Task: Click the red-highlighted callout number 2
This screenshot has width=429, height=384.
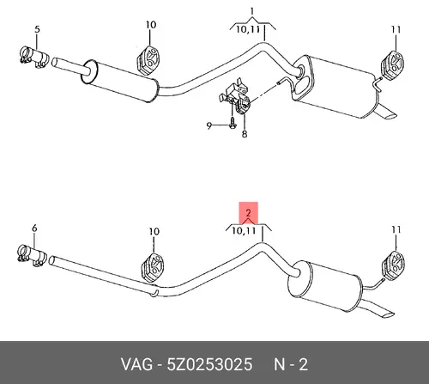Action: coord(248,213)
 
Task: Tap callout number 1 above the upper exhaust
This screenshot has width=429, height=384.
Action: coord(252,12)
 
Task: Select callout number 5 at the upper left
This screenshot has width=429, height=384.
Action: coord(37,29)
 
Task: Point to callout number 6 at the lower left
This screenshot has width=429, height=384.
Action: coord(34,229)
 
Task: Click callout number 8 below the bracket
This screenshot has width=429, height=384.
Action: coord(245,134)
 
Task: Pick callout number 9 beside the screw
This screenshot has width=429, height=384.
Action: coord(209,125)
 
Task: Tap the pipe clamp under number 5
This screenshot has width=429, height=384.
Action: coord(33,58)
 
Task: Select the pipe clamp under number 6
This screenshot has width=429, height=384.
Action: coord(32,255)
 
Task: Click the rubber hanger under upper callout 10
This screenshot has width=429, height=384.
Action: coord(148,59)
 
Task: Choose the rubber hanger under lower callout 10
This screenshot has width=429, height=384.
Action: coord(152,266)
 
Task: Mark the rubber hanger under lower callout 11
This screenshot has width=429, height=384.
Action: coord(394,265)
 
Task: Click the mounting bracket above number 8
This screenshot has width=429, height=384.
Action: coord(234,94)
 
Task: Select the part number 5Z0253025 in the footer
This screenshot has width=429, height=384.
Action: coord(209,365)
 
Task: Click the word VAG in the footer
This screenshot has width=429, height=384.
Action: coord(136,365)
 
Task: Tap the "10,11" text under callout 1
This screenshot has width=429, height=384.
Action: coord(248,29)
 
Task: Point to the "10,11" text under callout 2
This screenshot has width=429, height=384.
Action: coord(244,230)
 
